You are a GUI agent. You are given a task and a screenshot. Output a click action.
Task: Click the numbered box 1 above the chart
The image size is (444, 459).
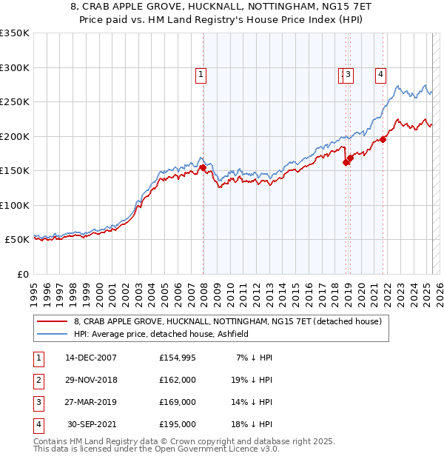point(201,73)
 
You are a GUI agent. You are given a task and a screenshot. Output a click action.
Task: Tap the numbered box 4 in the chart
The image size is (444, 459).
point(380,73)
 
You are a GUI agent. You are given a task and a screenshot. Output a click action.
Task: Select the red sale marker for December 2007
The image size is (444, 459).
point(203,168)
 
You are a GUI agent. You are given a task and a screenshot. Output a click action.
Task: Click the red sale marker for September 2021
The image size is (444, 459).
point(383,138)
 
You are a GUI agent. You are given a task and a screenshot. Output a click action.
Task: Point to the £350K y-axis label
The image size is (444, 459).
point(15,33)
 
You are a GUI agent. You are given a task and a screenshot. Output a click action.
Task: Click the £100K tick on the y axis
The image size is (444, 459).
point(15,206)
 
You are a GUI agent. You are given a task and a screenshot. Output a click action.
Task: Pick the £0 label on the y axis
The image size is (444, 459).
point(22,275)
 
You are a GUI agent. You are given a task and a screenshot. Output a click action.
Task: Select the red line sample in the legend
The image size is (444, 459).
point(52,321)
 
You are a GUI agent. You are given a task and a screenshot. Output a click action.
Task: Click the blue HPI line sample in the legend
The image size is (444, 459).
point(52,334)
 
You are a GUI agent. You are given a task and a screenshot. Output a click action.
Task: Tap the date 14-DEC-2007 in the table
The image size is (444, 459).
point(91,358)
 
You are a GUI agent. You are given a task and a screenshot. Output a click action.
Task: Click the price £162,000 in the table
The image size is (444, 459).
point(178,380)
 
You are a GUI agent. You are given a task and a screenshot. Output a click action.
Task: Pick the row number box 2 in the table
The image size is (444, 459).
point(38,380)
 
